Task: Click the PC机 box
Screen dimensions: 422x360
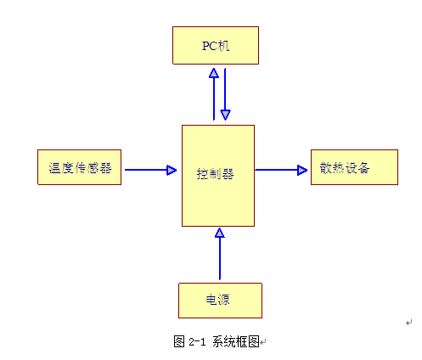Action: pyautogui.click(x=216, y=45)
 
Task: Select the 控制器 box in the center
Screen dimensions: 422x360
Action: pyautogui.click(x=218, y=176)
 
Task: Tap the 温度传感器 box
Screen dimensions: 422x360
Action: pyautogui.click(x=79, y=167)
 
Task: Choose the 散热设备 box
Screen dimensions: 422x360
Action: pyautogui.click(x=354, y=167)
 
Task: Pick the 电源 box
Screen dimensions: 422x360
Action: pyautogui.click(x=220, y=301)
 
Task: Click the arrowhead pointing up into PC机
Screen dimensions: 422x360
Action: pyautogui.click(x=214, y=73)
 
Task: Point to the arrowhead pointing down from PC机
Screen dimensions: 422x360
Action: pyautogui.click(x=225, y=115)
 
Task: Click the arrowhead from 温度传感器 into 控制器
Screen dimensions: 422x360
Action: pyautogui.click(x=172, y=170)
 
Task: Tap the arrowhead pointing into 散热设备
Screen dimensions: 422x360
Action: pyautogui.click(x=302, y=170)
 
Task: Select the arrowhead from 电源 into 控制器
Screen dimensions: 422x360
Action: pyautogui.click(x=220, y=233)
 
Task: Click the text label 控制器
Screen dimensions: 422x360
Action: pyautogui.click(x=215, y=174)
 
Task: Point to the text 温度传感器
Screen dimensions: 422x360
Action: pyautogui.click(x=80, y=168)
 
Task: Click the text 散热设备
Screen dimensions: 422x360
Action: pyautogui.click(x=345, y=168)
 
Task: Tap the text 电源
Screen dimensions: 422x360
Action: pyautogui.click(x=217, y=300)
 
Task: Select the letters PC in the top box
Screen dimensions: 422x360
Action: pyautogui.click(x=210, y=46)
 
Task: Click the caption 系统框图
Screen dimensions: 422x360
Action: pyautogui.click(x=236, y=341)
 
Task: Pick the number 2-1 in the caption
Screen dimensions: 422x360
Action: pyautogui.click(x=197, y=341)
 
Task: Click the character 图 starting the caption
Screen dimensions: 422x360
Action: pyautogui.click(x=179, y=341)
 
